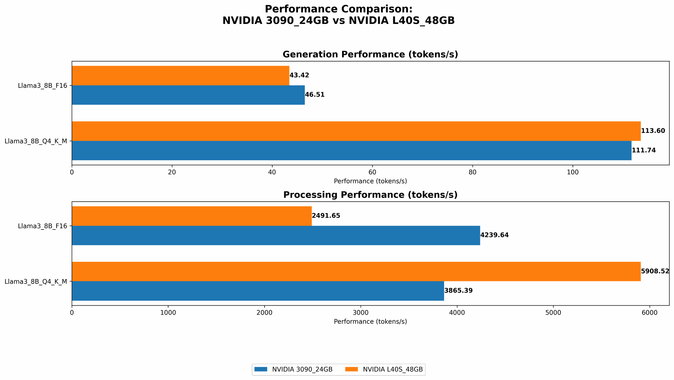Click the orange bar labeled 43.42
(180, 75)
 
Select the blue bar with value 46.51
(188, 95)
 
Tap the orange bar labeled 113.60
(356, 131)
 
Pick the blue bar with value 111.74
(351, 150)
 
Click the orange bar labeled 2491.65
(191, 216)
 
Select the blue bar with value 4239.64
(276, 235)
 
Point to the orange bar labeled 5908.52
(356, 271)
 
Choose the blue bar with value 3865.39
(258, 291)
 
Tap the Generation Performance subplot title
(370, 55)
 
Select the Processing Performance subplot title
(370, 195)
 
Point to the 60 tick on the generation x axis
(372, 172)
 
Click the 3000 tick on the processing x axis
(361, 313)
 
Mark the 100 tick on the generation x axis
(573, 172)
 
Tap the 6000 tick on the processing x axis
(649, 313)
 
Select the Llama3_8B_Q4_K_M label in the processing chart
(36, 281)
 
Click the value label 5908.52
(655, 271)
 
